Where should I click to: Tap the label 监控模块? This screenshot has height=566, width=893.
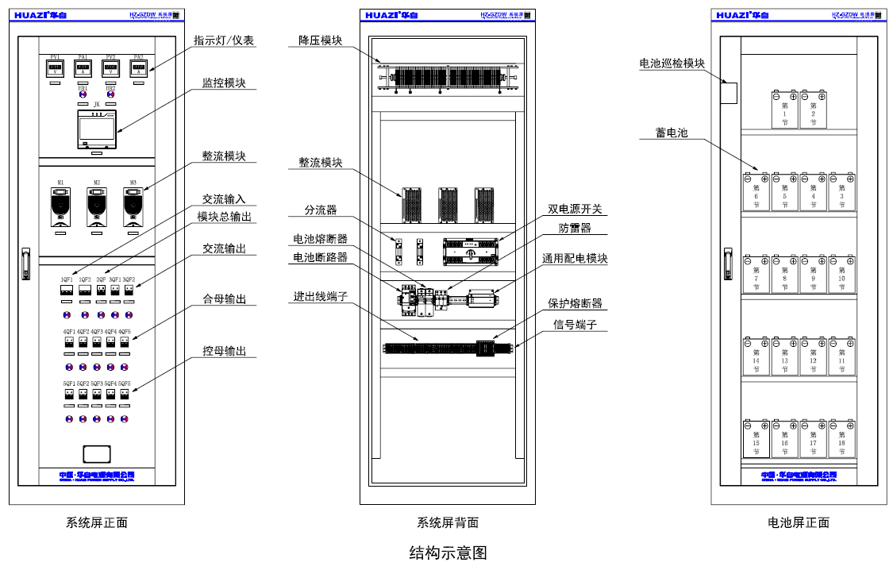click(x=224, y=82)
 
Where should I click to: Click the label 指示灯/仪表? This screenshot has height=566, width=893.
click(x=224, y=40)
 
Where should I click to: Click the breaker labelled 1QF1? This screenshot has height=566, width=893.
click(x=67, y=291)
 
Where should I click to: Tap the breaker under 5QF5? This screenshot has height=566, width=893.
click(x=125, y=395)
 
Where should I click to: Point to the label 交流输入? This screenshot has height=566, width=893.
click(x=224, y=199)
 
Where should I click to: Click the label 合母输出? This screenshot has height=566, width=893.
click(x=224, y=299)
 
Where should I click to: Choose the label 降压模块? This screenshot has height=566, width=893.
click(x=321, y=40)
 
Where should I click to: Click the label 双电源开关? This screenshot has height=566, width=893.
click(x=575, y=210)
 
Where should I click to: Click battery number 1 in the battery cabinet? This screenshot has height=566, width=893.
click(x=784, y=110)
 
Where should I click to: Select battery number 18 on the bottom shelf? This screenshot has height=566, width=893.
click(x=841, y=439)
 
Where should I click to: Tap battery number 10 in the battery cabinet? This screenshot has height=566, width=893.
click(x=841, y=274)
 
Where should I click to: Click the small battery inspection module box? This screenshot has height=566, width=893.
click(x=729, y=93)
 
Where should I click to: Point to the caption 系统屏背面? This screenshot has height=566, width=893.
click(x=448, y=523)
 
